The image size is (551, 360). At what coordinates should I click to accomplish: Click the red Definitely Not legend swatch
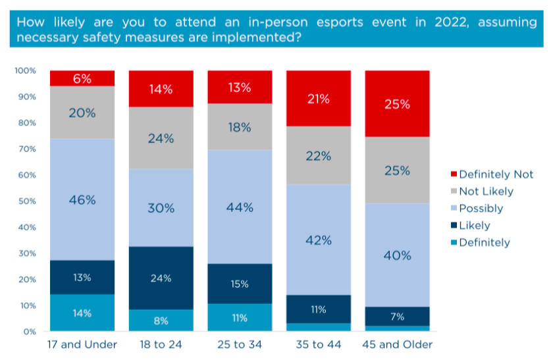tap(452, 174)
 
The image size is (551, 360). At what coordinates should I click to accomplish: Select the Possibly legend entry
tap(481, 209)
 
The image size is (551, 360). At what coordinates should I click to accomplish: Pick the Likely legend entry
tap(474, 226)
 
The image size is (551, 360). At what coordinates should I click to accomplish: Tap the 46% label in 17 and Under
tap(82, 199)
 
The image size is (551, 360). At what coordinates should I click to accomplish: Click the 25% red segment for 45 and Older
tap(397, 103)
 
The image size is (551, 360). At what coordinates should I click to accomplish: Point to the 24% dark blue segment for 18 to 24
tap(161, 278)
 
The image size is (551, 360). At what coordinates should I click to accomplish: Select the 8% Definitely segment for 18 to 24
tap(161, 320)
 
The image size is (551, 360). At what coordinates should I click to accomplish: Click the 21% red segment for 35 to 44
tap(318, 98)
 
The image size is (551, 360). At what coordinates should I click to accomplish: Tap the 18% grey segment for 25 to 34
tap(240, 127)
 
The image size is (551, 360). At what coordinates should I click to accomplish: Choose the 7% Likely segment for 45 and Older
tap(397, 317)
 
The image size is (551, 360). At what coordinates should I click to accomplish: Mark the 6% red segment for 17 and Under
tap(82, 78)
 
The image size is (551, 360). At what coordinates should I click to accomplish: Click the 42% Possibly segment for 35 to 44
tap(318, 240)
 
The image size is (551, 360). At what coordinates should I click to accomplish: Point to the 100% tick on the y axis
tap(26, 70)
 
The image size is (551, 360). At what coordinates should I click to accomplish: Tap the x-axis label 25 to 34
tap(240, 345)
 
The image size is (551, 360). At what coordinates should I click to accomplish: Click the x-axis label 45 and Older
tap(397, 345)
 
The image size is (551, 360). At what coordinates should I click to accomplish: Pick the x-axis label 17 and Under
tap(82, 345)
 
